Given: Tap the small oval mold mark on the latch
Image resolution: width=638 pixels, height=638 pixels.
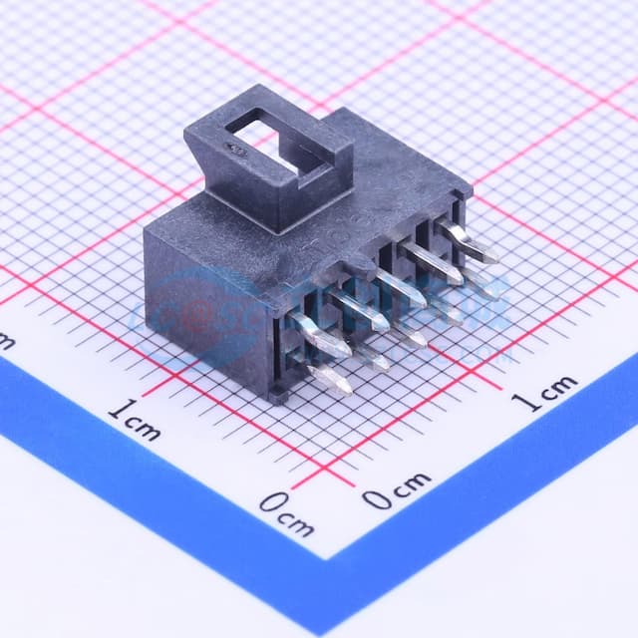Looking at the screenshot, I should [x=238, y=150].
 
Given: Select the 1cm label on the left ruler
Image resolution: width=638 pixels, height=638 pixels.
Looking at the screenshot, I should [x=135, y=419].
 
